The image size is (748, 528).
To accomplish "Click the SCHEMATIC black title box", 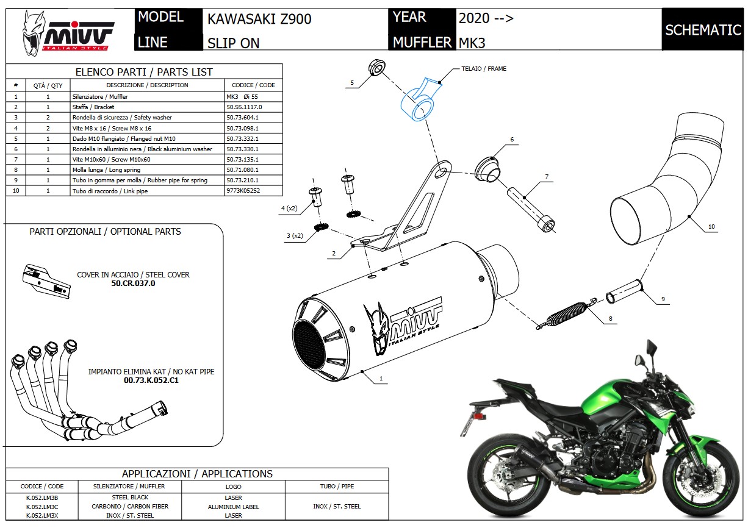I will (702, 29).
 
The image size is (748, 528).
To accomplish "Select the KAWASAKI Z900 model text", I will (259, 19).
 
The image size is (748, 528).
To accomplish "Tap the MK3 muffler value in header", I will (472, 43).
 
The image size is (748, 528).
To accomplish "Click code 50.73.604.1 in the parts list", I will (242, 118).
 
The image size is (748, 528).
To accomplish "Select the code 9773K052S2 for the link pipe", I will (243, 191).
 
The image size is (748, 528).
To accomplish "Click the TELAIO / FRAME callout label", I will (484, 69).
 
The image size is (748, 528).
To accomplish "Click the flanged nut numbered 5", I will (376, 67).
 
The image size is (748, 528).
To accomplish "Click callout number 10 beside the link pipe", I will (711, 227).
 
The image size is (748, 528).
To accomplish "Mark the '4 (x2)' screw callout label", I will (289, 209).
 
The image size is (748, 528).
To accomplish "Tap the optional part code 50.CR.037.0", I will (133, 284).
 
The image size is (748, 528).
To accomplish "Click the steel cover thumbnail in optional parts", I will (45, 281).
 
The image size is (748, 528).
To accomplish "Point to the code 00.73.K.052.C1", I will (151, 380).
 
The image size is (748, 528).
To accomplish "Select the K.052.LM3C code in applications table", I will (42, 507).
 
